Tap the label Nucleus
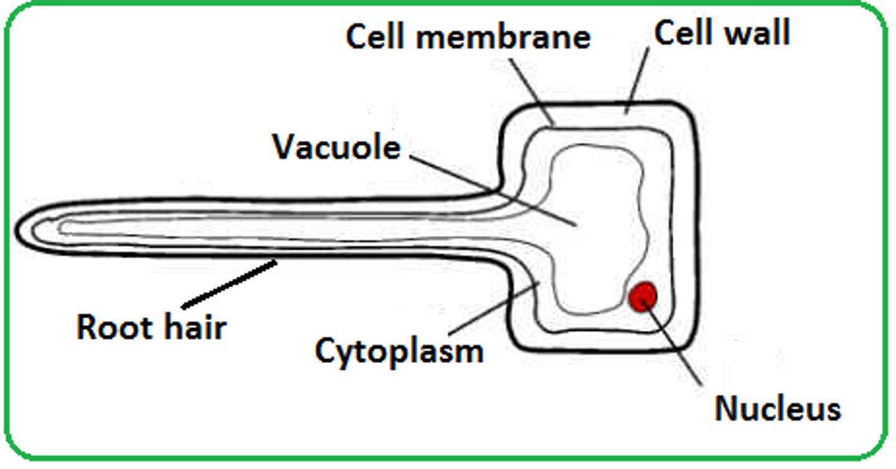tap(777, 409)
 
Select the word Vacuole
tap(337, 148)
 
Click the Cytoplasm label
tap(399, 351)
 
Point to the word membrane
tap(503, 37)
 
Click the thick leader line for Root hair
tap(229, 284)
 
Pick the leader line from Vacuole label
tap(492, 189)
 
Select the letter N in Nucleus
tap(726, 409)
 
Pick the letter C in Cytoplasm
tap(326, 351)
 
